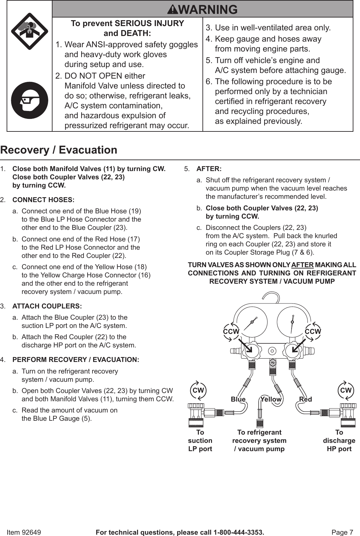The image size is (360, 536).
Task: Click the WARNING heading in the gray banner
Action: click(202, 9)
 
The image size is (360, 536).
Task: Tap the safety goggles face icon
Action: click(30, 100)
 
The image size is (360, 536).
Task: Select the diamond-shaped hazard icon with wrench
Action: click(30, 31)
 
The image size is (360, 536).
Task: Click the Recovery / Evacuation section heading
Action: click(59, 150)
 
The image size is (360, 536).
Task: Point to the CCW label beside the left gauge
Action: click(231, 331)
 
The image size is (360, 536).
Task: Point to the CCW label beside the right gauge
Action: click(313, 331)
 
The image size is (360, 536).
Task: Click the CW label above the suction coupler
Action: click(198, 390)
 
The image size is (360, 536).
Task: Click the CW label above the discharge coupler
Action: click(346, 390)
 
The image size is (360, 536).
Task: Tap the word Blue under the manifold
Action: click(238, 399)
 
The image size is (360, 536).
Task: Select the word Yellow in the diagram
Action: click(271, 399)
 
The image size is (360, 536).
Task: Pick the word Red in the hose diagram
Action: click(306, 399)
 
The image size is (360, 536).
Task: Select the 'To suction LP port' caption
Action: click(200, 441)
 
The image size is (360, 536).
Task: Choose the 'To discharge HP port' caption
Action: click(339, 441)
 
